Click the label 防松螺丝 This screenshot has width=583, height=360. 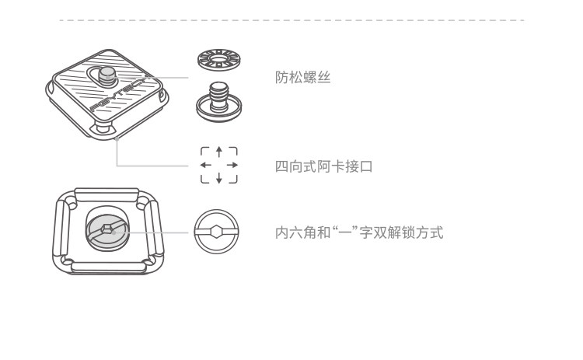[x=303, y=78]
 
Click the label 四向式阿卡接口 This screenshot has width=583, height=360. [x=324, y=166]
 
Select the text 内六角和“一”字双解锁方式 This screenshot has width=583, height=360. [x=359, y=232]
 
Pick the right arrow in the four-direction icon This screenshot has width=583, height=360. [x=232, y=165]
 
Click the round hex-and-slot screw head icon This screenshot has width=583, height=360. [x=217, y=232]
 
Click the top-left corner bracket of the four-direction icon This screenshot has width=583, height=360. [x=204, y=150]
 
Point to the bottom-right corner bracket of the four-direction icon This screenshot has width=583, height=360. [x=232, y=180]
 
